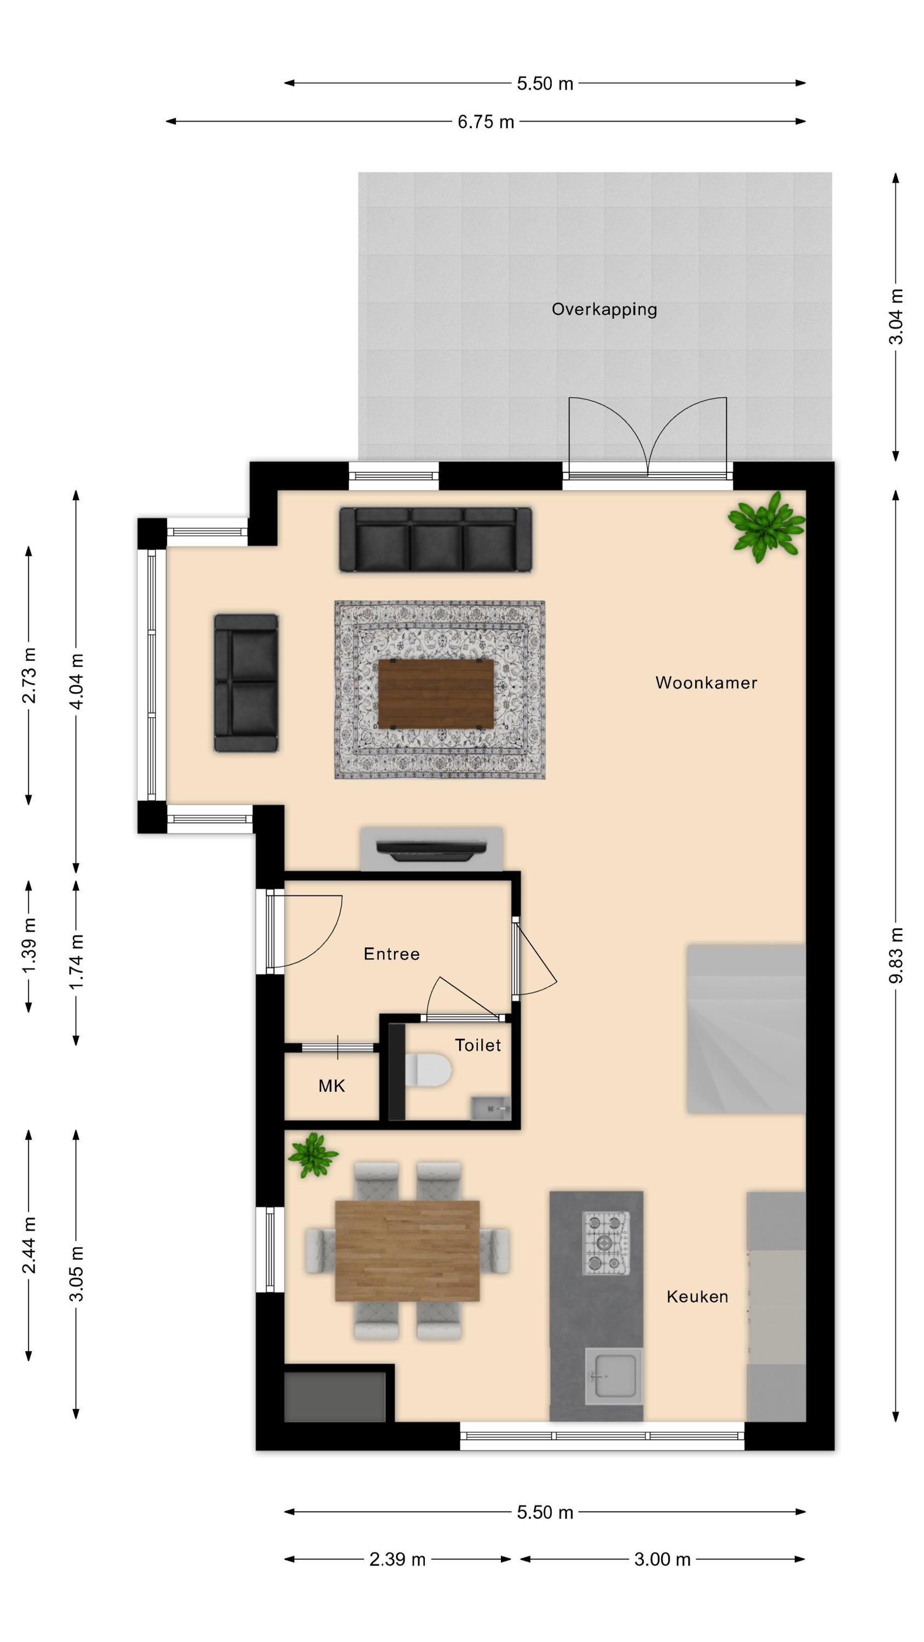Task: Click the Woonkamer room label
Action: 706,683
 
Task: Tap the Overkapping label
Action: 604,310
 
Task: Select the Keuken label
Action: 697,1297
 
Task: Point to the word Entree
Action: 391,953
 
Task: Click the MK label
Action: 332,1085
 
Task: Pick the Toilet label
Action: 478,1045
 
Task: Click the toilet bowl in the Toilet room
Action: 428,1069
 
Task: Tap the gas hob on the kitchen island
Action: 606,1243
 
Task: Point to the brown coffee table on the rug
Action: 436,694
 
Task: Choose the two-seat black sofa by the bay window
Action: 246,683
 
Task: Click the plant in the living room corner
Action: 766,527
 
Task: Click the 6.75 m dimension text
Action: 486,122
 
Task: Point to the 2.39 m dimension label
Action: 397,1559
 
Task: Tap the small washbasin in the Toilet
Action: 490,1108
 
